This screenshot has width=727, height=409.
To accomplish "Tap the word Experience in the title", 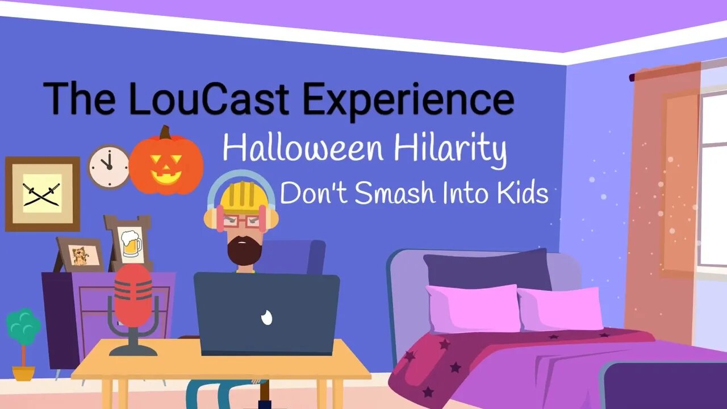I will coord(408,99).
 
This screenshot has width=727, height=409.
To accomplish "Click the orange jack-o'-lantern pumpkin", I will coord(166,164).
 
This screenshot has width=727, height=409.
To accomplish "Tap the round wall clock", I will coord(108,167).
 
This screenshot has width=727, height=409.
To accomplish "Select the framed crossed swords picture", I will coord(43,194).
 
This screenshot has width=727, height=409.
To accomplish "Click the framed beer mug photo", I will coord(130,243).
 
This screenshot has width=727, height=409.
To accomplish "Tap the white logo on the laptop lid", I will coord(267,318).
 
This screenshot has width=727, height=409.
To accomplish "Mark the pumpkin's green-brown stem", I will coord(165,132).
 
